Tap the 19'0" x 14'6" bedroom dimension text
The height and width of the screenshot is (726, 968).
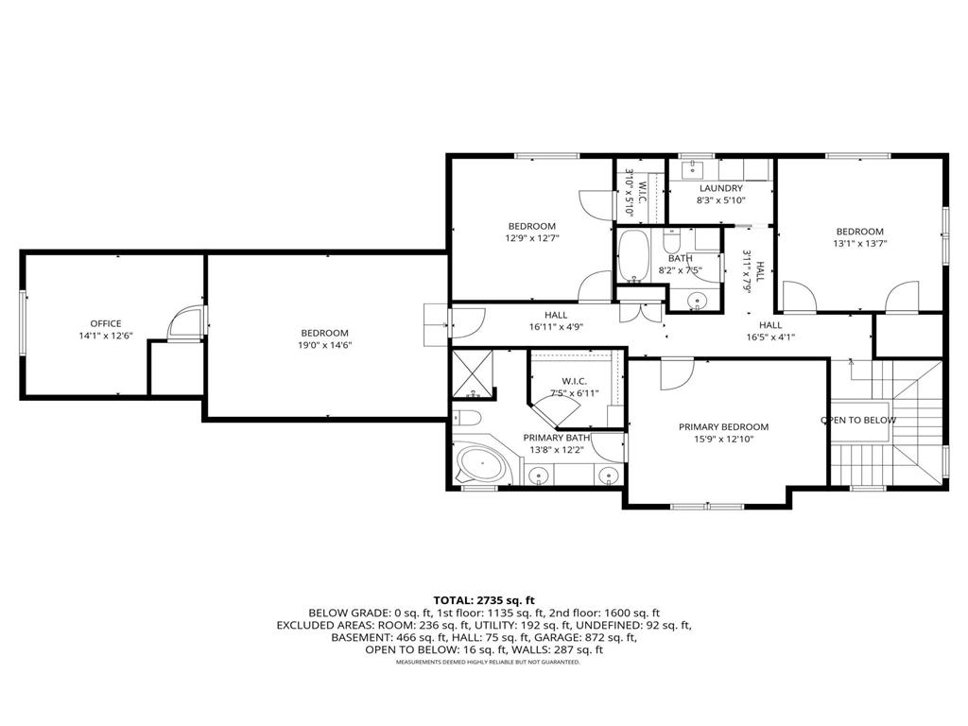pos(324,345)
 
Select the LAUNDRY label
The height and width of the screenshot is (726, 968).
pos(720,188)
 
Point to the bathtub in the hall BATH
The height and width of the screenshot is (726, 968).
pos(632,255)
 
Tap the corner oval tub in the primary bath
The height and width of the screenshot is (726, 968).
pos(482,466)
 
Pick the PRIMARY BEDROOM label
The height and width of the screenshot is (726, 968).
pos(723,426)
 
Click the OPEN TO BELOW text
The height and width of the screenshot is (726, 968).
pos(857,420)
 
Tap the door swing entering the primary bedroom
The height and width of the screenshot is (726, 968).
pos(677,373)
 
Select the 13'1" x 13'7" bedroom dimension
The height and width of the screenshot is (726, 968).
pos(859,243)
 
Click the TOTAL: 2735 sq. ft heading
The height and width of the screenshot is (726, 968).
pos(484,600)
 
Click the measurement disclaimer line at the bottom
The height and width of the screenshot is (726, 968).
pos(484,662)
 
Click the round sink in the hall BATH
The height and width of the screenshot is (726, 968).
pos(698,302)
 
